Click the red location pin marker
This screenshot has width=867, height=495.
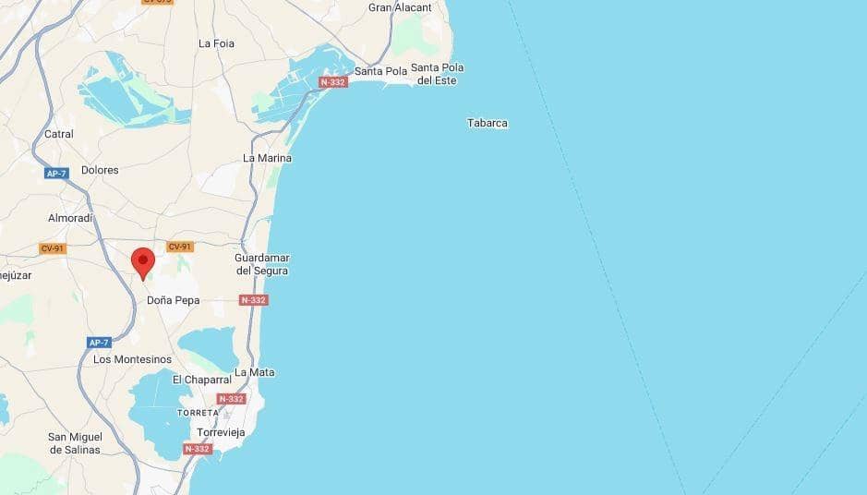coord(142,262)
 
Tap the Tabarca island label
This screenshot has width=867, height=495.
coord(487,123)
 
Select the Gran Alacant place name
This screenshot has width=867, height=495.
coord(400,7)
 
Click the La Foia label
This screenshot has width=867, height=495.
coord(216,43)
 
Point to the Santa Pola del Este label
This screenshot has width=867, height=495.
coord(437,74)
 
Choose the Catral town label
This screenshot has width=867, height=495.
coord(59,134)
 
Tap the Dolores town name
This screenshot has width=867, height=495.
coord(100,170)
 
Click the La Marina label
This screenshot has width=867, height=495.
coord(267,158)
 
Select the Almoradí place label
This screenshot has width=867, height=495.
coord(71,218)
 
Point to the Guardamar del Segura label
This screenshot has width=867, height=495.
coord(261,264)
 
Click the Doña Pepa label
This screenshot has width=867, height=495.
coord(173,300)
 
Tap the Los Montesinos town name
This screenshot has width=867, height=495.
coord(132,359)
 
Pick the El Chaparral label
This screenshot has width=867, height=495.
coord(201,380)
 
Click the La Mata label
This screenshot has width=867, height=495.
coord(255,372)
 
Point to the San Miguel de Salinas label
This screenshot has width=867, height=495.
coord(75,442)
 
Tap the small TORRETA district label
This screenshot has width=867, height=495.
coord(198,412)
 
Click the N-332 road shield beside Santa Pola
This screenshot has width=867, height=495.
coord(332,83)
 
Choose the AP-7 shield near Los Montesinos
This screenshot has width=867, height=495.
coord(99,343)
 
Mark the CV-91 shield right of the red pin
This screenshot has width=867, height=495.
coord(179,247)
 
